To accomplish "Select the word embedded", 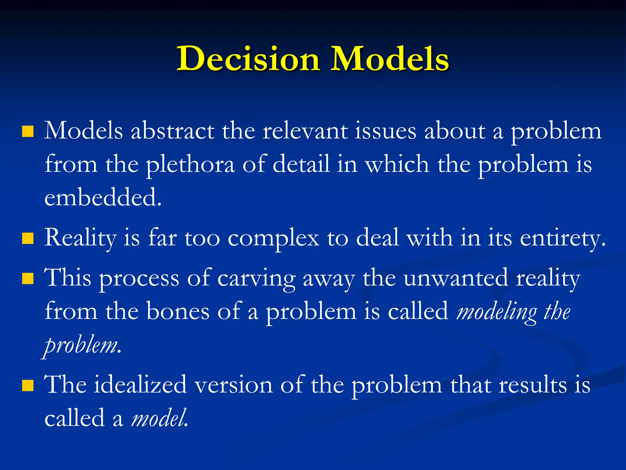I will pos(103,198).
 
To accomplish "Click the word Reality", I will pos(80,238).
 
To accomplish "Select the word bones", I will pos(178,311).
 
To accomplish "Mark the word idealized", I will pos(140,385).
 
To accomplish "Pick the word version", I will pos(234,385).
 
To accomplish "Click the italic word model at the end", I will pos(159,418).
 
